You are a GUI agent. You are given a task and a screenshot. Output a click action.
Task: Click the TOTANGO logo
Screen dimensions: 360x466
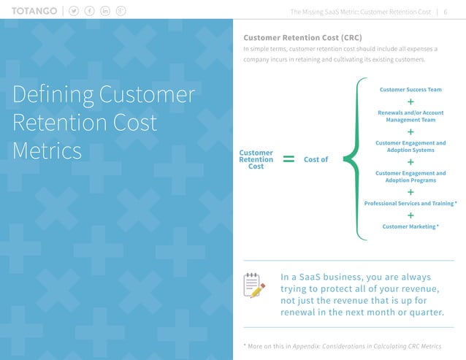[x=35, y=12]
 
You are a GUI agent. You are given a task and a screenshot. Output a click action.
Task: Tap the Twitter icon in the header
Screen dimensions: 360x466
[x=75, y=12]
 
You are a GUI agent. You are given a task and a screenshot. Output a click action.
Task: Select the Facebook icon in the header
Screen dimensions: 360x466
[x=90, y=12]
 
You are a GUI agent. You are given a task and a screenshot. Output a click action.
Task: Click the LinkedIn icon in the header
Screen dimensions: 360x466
[x=105, y=12]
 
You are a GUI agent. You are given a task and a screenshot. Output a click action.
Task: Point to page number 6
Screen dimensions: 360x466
[x=446, y=12]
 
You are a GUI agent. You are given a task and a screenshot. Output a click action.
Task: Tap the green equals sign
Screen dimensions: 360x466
[x=289, y=159]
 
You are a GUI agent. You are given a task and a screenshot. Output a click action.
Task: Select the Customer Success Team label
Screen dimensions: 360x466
[x=410, y=90]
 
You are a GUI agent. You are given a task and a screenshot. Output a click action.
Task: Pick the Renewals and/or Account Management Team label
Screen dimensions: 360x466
[x=410, y=116]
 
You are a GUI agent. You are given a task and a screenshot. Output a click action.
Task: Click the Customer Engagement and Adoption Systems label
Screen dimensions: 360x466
[x=410, y=146]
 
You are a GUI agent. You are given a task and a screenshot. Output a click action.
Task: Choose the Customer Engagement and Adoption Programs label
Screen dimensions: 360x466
[x=410, y=176]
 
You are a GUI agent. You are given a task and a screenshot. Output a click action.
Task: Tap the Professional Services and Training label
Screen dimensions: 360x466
[x=410, y=203]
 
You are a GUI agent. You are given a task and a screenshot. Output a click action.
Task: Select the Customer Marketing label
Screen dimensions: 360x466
[x=410, y=227]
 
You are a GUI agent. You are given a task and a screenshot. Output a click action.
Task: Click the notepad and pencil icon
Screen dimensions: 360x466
[x=254, y=286]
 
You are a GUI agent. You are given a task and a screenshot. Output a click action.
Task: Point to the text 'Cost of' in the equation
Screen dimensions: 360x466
[x=316, y=159]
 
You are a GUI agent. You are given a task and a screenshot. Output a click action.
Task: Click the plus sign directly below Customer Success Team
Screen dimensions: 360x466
[x=410, y=102]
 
